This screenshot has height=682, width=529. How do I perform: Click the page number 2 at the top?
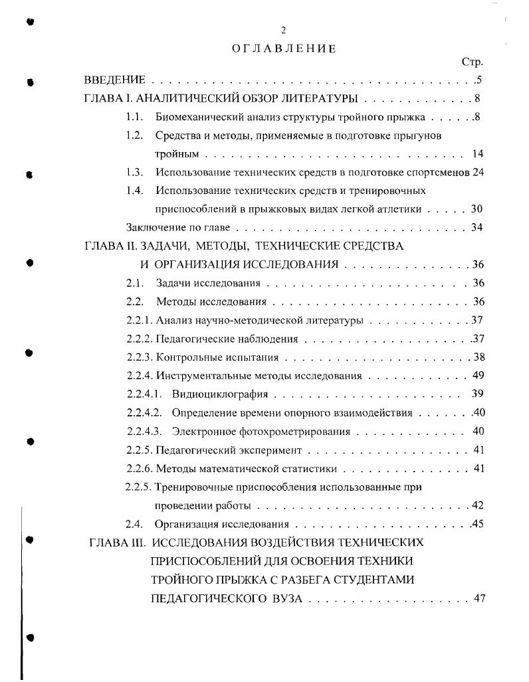(284, 30)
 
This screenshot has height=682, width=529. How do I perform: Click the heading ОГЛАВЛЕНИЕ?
(284, 48)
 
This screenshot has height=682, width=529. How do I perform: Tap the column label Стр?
(472, 62)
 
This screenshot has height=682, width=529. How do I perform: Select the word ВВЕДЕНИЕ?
(115, 80)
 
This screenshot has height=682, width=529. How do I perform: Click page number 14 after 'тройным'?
(477, 154)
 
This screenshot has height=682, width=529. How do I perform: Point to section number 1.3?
(135, 172)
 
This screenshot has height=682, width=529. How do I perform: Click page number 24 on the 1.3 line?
(477, 172)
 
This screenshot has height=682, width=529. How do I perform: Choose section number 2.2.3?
(140, 357)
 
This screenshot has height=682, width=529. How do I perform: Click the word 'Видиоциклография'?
(219, 394)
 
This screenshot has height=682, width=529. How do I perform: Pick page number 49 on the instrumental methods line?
(478, 375)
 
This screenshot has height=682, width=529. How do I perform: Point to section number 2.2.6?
(140, 468)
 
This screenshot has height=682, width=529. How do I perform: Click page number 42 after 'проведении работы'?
(478, 505)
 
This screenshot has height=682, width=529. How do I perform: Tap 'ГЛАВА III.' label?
(117, 542)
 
